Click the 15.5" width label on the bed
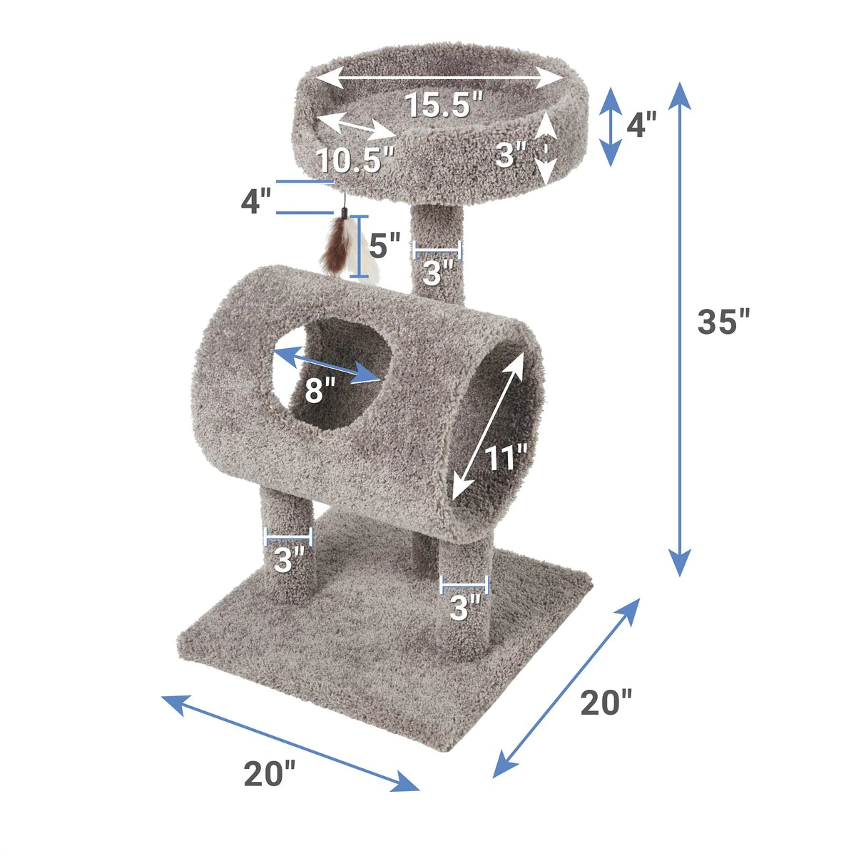pyautogui.click(x=443, y=106)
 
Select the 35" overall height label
pyautogui.click(x=723, y=321)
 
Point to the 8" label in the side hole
pyautogui.click(x=320, y=390)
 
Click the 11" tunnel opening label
pyautogui.click(x=505, y=457)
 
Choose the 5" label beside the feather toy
pyautogui.click(x=384, y=245)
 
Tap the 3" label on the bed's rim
pyautogui.click(x=511, y=155)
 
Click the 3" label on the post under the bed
pyautogui.click(x=437, y=272)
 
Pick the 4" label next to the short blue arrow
pyautogui.click(x=641, y=124)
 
